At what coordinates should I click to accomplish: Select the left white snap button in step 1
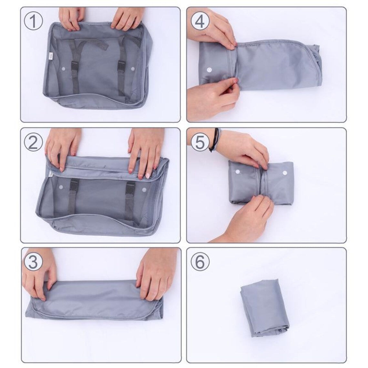coord(63,68)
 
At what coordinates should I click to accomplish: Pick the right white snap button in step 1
coord(133,69)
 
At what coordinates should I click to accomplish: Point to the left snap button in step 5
coord(239,172)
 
